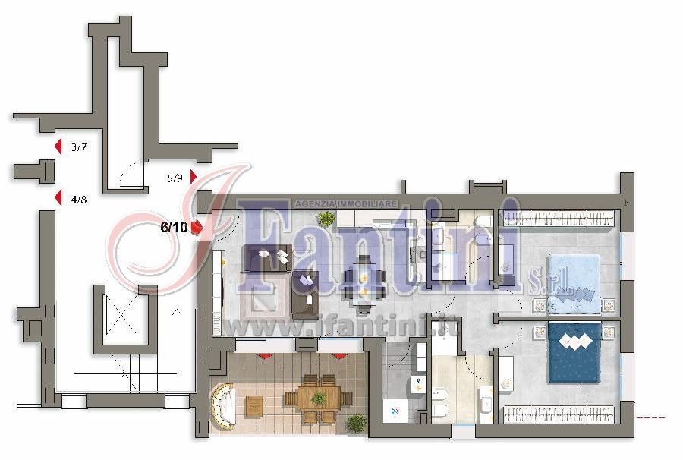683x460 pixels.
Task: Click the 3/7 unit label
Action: coord(79,147)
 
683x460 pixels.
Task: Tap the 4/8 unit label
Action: coord(79,200)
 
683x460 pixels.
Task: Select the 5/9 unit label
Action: coord(175,178)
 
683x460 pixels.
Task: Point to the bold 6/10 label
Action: coord(175,227)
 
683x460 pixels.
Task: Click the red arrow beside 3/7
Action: coord(58,147)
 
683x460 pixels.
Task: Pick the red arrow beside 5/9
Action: coord(194,177)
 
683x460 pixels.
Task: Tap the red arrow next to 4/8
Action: coord(58,198)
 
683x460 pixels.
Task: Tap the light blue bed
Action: coord(574,284)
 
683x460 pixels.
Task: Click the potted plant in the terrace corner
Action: coord(357,423)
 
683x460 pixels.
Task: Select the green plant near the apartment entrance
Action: coord(326,217)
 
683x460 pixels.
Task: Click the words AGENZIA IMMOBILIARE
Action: coord(346,204)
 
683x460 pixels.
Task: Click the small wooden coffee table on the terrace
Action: coord(253,406)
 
